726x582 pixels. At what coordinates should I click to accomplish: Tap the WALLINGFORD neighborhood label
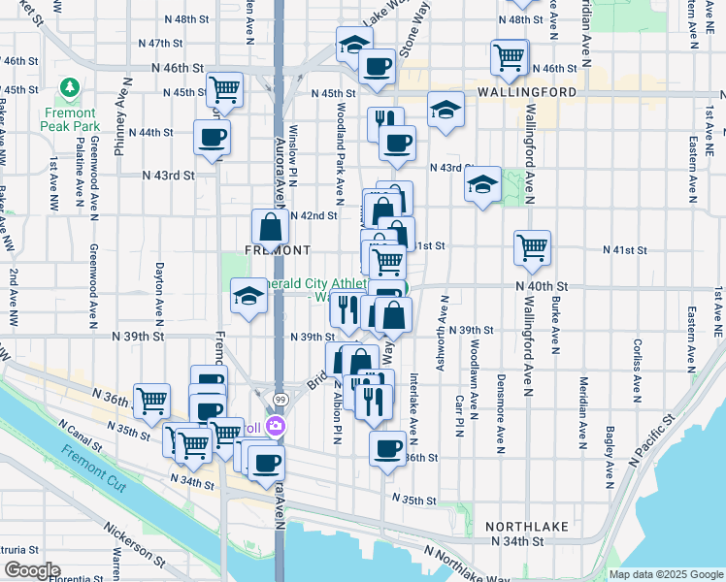pyautogui.click(x=527, y=92)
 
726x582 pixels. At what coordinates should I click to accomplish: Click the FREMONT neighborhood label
pyautogui.click(x=249, y=249)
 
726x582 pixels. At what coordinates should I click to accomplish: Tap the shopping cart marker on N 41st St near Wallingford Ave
pyautogui.click(x=533, y=248)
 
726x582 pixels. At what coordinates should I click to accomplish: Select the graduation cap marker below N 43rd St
pyautogui.click(x=482, y=184)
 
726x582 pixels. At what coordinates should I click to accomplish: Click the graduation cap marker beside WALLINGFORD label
pyautogui.click(x=445, y=108)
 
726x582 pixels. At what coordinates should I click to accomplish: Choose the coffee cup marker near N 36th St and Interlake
pyautogui.click(x=388, y=448)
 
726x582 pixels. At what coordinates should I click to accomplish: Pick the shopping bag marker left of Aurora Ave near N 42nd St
pyautogui.click(x=270, y=227)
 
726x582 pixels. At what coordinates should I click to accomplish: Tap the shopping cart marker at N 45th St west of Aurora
pyautogui.click(x=224, y=89)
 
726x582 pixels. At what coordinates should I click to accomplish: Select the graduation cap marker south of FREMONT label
pyautogui.click(x=248, y=295)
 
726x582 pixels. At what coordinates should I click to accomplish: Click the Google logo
pyautogui.click(x=31, y=570)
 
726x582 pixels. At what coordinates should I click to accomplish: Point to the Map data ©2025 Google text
pyautogui.click(x=665, y=574)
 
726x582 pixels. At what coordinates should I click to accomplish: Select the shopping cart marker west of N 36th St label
pyautogui.click(x=150, y=400)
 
